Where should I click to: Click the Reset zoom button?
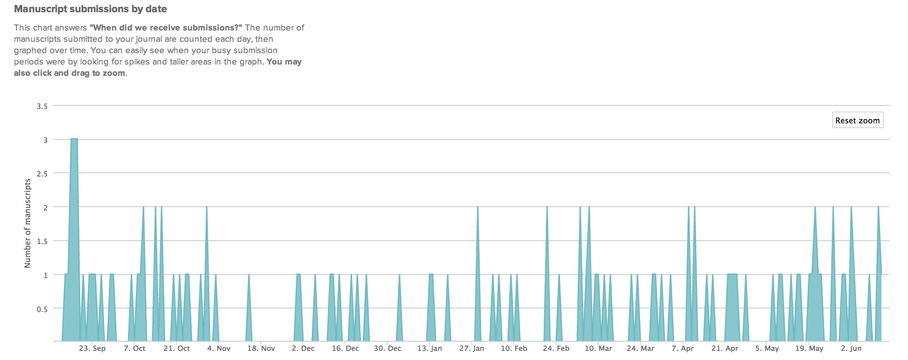(857, 120)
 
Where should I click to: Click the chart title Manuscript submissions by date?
(90, 9)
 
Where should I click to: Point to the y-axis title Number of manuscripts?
(28, 223)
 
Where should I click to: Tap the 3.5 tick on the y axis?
(42, 106)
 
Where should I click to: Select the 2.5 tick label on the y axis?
(42, 173)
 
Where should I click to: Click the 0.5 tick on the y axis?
(42, 309)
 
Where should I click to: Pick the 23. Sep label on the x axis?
(92, 348)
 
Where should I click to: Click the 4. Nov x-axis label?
(219, 348)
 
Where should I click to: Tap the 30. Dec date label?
(387, 348)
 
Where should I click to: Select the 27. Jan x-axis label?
(471, 348)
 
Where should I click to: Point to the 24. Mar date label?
(640, 348)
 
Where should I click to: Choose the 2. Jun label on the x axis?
(851, 348)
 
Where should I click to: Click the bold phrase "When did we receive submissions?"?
(166, 27)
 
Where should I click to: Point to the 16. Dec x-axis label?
(345, 348)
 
